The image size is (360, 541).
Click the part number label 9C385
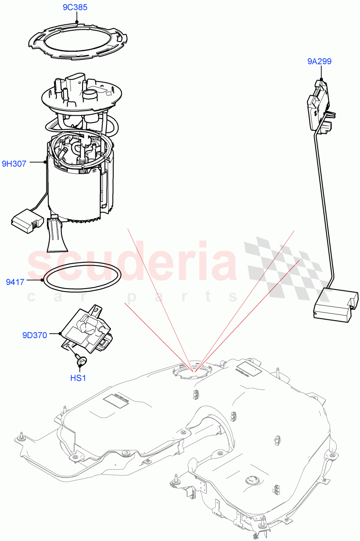click(75, 8)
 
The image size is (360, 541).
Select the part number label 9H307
click(14, 164)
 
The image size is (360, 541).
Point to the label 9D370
click(34, 335)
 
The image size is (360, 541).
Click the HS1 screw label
click(78, 378)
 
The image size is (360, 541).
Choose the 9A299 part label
click(319, 61)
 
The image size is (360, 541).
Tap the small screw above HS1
click(81, 361)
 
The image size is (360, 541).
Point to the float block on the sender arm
click(334, 307)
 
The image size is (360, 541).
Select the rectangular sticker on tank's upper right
click(248, 367)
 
